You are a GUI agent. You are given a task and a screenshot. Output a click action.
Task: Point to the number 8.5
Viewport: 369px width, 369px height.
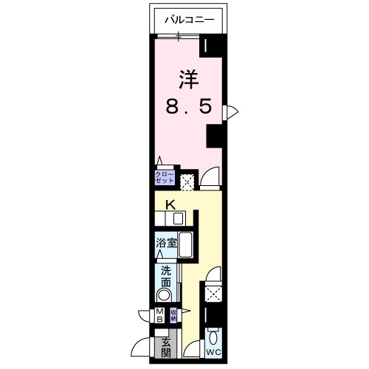188,106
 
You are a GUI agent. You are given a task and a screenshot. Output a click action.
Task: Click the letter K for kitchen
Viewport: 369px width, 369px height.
169,204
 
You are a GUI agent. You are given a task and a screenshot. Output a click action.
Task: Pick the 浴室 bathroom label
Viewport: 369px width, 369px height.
166,242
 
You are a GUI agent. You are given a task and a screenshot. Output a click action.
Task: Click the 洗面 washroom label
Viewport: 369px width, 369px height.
166,276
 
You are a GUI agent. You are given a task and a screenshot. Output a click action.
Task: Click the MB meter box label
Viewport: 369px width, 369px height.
159,315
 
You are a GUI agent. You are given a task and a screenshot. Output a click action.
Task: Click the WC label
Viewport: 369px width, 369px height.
213,352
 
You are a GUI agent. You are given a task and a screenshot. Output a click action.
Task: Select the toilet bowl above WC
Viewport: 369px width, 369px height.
213,339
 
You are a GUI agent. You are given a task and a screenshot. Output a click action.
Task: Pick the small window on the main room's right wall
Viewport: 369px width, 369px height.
232,111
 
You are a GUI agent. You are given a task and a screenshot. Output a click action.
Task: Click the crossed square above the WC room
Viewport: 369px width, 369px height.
213,294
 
